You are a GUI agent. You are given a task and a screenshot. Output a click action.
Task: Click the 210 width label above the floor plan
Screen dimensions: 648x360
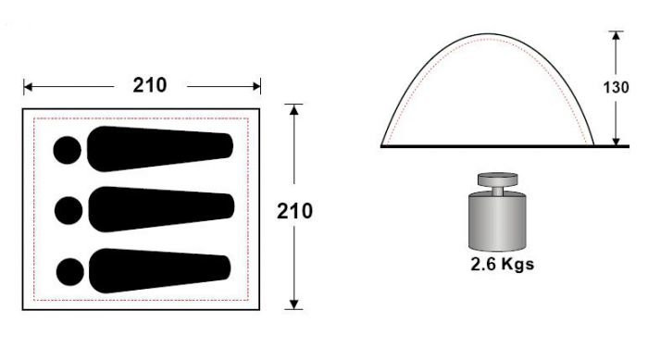tap(150, 85)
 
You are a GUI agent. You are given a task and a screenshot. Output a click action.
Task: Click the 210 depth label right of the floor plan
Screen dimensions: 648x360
tap(294, 211)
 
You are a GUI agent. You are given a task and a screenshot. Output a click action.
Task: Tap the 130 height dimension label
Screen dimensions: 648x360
tap(617, 88)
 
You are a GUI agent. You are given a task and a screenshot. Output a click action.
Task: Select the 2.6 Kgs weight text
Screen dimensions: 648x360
tap(502, 264)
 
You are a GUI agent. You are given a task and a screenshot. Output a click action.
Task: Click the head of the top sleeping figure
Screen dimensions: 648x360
tap(67, 150)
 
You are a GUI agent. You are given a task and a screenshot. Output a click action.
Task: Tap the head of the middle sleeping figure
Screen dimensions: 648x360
tap(69, 211)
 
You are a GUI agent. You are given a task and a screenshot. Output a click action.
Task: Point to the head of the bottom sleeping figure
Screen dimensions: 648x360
tap(69, 272)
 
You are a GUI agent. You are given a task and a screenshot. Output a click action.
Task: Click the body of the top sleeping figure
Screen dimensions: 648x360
tap(160, 149)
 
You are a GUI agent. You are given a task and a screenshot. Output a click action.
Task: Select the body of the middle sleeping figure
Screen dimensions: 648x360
tap(161, 209)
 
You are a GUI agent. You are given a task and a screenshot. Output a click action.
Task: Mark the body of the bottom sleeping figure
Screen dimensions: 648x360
tap(160, 271)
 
